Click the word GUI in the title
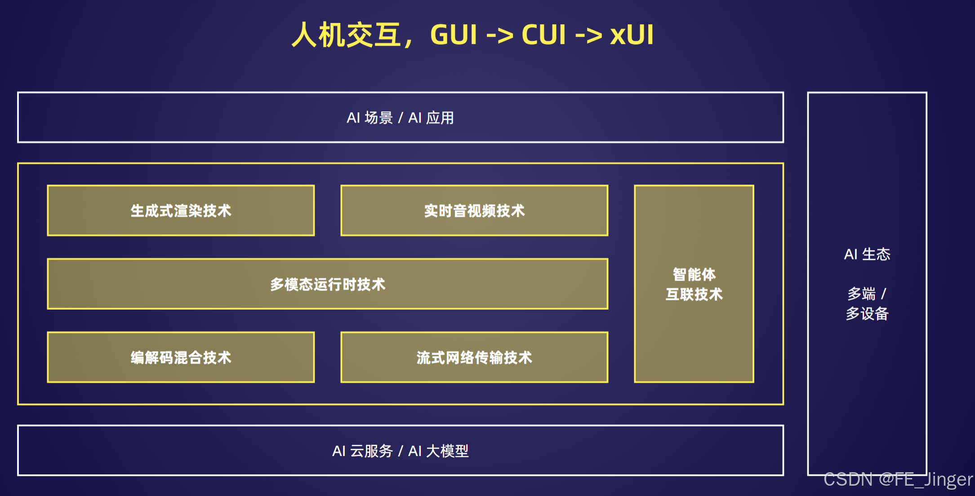[453, 35]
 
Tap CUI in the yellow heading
[544, 35]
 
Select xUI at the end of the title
[632, 35]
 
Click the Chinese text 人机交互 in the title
[347, 35]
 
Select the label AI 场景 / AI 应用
[400, 118]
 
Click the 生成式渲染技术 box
[181, 211]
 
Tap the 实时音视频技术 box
[474, 211]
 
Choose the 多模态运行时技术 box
[328, 284]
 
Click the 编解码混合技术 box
[181, 357]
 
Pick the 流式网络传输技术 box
[474, 357]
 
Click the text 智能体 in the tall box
[694, 274]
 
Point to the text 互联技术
[694, 294]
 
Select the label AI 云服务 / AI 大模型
[400, 451]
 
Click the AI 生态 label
[867, 254]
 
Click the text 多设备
[867, 313]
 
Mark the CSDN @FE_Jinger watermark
[898, 479]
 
